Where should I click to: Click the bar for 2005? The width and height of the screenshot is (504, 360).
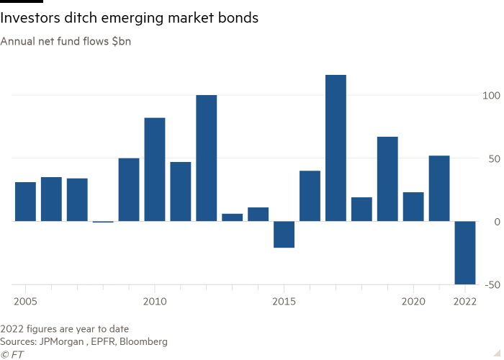click(25, 202)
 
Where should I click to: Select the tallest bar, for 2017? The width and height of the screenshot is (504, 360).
click(336, 148)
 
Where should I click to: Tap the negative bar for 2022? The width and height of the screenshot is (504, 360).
click(464, 253)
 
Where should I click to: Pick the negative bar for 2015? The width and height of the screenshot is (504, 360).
click(284, 235)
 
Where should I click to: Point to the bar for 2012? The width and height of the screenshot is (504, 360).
click(207, 158)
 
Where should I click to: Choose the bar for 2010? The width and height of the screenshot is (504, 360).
click(155, 169)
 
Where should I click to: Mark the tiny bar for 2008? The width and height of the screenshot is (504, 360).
click(103, 222)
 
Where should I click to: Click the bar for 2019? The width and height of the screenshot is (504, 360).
click(387, 179)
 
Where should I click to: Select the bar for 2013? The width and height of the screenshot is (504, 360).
click(233, 217)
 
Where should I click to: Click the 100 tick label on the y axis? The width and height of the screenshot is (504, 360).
click(490, 95)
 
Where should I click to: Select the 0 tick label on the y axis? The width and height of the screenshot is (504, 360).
click(495, 222)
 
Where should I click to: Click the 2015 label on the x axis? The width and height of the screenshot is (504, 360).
click(284, 299)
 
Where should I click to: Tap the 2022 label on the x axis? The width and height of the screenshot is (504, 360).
click(464, 299)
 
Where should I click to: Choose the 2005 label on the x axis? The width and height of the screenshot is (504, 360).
click(25, 299)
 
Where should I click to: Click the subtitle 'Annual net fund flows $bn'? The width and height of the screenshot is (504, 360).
click(66, 41)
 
